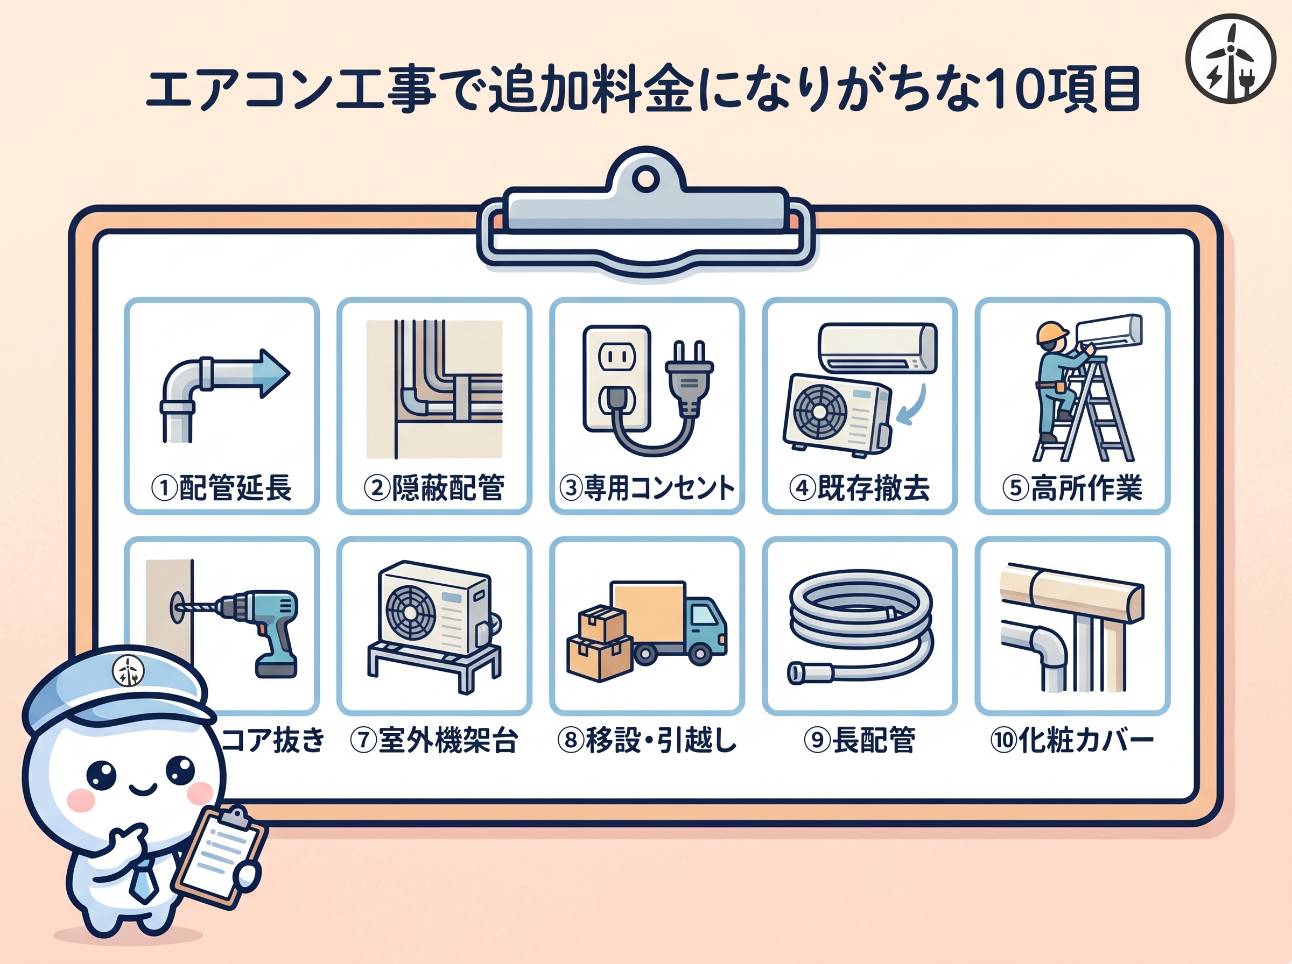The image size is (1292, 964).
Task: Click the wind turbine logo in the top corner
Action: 1230,59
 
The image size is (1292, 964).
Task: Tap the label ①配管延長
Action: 221,488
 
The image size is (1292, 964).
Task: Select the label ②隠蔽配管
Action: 434,488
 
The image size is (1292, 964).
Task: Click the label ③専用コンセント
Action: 647,488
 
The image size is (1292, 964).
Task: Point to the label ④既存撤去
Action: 859,488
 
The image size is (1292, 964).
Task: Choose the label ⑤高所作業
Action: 1072,488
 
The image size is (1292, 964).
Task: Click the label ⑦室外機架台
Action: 434,741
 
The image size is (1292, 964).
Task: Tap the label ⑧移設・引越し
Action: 647,741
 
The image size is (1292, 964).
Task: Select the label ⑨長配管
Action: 859,741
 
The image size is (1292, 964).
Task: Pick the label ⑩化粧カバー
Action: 1072,741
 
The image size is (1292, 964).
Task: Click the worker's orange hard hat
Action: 1050,332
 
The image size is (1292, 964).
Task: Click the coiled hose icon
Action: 859,625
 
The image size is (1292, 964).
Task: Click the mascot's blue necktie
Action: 143,881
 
